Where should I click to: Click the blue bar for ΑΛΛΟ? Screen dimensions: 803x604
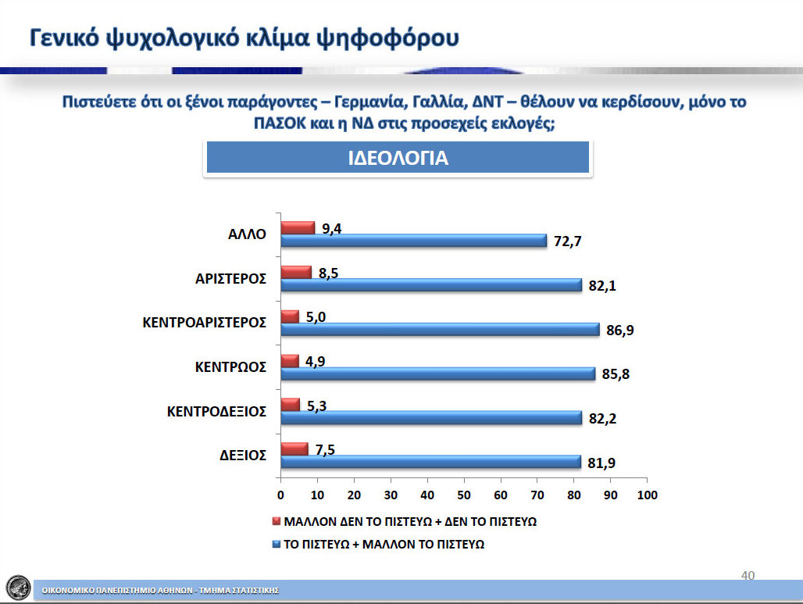pyautogui.click(x=414, y=240)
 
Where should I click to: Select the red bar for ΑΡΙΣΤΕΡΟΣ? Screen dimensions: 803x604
pyautogui.click(x=296, y=273)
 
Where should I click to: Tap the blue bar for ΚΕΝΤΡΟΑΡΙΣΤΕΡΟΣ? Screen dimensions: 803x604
pyautogui.click(x=440, y=330)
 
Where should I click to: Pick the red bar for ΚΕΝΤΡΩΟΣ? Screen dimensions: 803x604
pyautogui.click(x=290, y=361)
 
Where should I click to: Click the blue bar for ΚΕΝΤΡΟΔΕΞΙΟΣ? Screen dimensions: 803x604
pyautogui.click(x=431, y=418)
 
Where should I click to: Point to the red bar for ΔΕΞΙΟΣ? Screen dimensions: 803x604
pyautogui.click(x=294, y=449)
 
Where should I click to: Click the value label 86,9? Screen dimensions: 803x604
pyautogui.click(x=619, y=331)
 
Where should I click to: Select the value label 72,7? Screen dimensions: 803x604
pyautogui.click(x=567, y=241)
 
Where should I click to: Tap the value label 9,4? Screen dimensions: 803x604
pyautogui.click(x=331, y=228)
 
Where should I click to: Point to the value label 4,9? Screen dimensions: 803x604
pyautogui.click(x=315, y=362)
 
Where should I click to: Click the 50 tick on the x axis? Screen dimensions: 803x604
pyautogui.click(x=464, y=495)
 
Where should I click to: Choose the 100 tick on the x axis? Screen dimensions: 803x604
pyautogui.click(x=648, y=495)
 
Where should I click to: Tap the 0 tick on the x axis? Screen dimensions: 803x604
pyautogui.click(x=280, y=495)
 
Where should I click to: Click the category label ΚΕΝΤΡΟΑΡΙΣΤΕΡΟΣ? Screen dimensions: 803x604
pyautogui.click(x=205, y=323)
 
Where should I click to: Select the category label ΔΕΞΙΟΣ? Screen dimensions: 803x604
pyautogui.click(x=243, y=456)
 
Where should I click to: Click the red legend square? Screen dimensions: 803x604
pyautogui.click(x=277, y=521)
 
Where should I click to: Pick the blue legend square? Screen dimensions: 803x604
pyautogui.click(x=277, y=544)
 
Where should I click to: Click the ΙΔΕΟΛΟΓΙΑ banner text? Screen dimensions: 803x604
pyautogui.click(x=398, y=159)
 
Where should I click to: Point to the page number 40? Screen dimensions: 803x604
pyautogui.click(x=748, y=575)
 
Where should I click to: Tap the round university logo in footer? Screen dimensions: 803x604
pyautogui.click(x=19, y=588)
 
